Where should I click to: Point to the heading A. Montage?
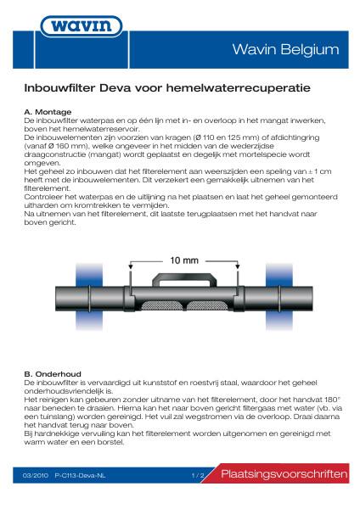(48, 112)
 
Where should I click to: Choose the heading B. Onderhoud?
(52, 373)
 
